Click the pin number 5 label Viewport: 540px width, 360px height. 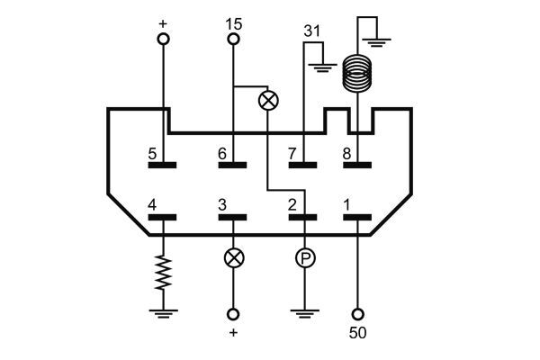pyautogui.click(x=153, y=153)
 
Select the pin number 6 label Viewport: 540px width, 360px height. pyautogui.click(x=222, y=153)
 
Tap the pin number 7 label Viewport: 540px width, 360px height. pyautogui.click(x=292, y=153)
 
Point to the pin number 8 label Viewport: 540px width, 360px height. pyautogui.click(x=347, y=153)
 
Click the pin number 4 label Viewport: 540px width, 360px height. pyautogui.click(x=153, y=205)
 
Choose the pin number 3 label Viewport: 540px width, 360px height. pyautogui.click(x=222, y=205)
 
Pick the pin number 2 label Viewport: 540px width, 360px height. pyautogui.click(x=292, y=205)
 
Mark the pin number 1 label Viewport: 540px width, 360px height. pyautogui.click(x=347, y=205)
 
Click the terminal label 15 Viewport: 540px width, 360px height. pyautogui.click(x=234, y=24)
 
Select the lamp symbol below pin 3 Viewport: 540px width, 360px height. pyautogui.click(x=234, y=258)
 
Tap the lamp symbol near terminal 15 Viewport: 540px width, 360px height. pyautogui.click(x=268, y=99)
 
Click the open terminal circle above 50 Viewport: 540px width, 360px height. pyautogui.click(x=358, y=314)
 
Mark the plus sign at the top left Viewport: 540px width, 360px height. pyautogui.click(x=164, y=22)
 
